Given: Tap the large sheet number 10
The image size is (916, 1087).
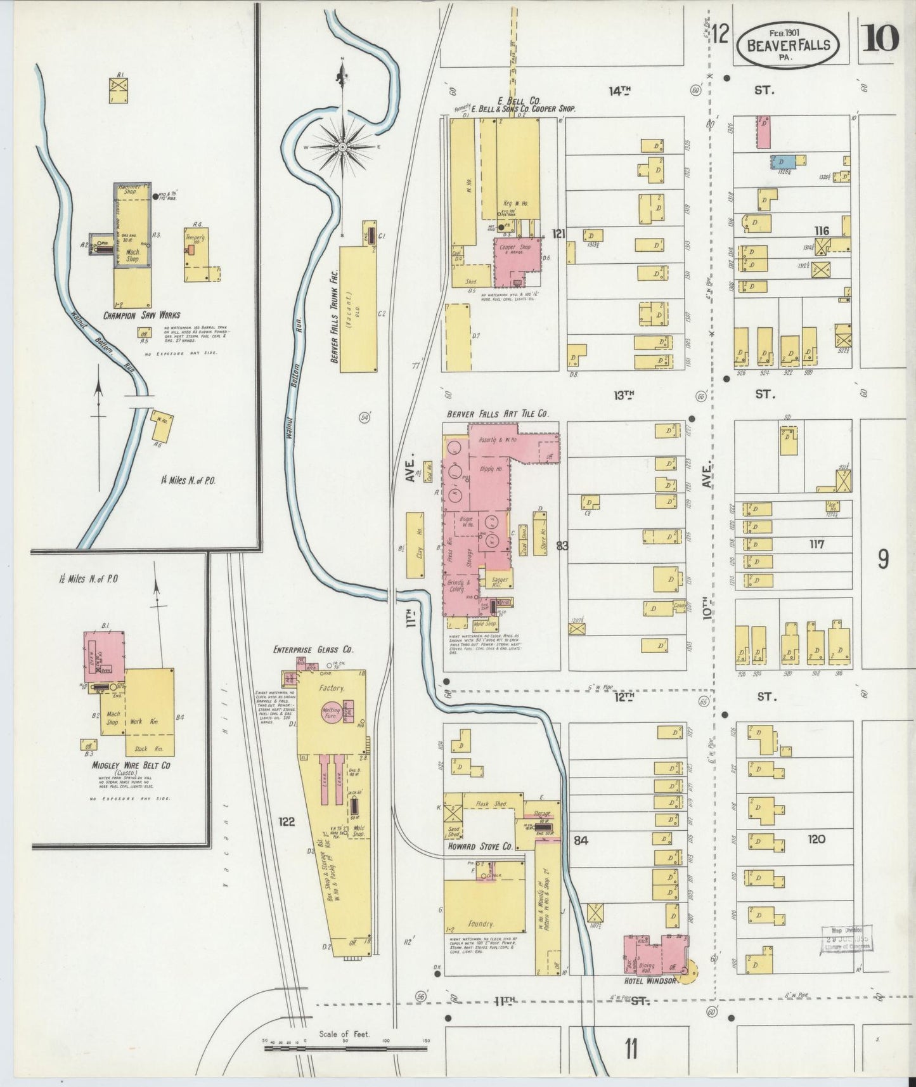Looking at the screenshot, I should click(x=879, y=38).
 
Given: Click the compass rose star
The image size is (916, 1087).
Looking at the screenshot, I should click(x=343, y=147).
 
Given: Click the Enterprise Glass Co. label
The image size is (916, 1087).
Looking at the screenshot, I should click(x=313, y=649).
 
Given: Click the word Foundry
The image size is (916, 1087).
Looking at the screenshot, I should click(x=480, y=923).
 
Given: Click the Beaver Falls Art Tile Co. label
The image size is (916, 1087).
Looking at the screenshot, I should click(x=498, y=413).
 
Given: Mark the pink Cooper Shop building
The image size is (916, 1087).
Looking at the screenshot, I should click(x=518, y=261).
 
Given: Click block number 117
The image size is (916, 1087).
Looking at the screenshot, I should click(x=816, y=544).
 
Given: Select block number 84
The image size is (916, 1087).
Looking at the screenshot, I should click(x=581, y=840).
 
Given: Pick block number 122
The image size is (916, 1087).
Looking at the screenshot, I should click(x=287, y=822).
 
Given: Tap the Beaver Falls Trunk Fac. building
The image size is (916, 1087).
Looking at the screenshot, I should click(x=359, y=309).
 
